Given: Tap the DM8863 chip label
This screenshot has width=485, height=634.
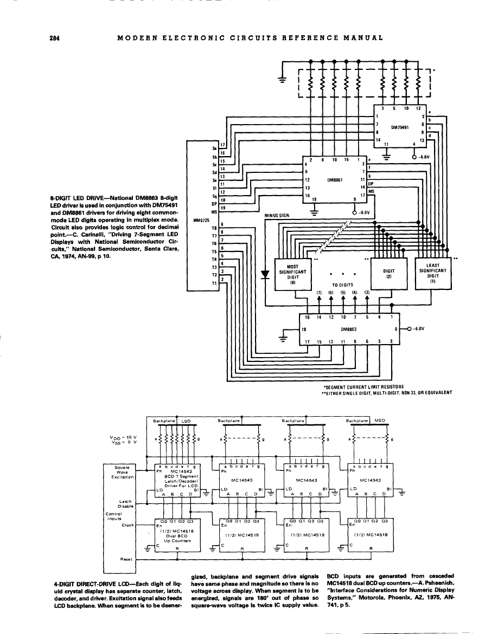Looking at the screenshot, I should pyautogui.click(x=348, y=328).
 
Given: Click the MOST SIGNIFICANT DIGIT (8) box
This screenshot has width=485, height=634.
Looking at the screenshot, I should pyautogui.click(x=293, y=272).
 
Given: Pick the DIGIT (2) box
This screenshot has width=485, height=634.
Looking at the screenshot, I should pyautogui.click(x=388, y=272).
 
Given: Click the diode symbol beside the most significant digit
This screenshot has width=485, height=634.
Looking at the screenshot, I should pyautogui.click(x=265, y=273).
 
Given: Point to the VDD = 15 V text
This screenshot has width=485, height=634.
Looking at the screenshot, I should pyautogui.click(x=129, y=437).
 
